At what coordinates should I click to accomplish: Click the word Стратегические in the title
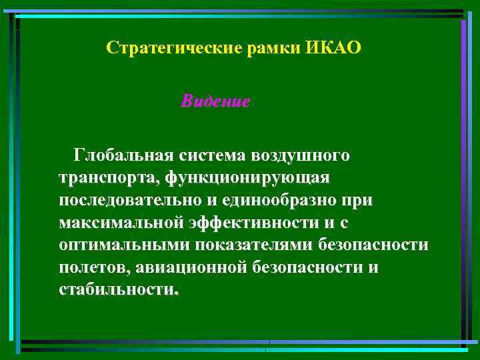coord(169,49)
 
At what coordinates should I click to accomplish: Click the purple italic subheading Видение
coord(215,102)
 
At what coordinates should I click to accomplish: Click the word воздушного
coord(300,156)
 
